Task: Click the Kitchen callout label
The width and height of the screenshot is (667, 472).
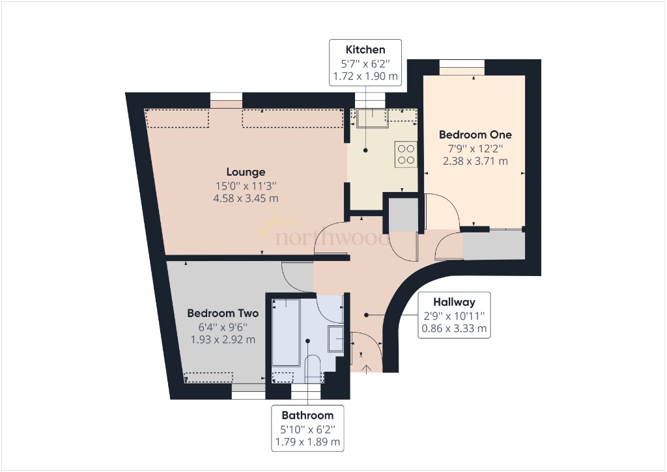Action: pos(365,49)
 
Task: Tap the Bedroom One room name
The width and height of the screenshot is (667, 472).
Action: pos(475,135)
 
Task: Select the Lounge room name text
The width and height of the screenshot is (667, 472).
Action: pos(246,172)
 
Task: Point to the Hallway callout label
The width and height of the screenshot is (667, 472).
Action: pos(454,302)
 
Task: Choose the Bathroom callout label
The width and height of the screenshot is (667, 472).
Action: pos(307,415)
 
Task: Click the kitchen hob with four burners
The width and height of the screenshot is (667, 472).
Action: pos(406,154)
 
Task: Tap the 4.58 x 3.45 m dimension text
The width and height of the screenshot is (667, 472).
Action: pos(246,198)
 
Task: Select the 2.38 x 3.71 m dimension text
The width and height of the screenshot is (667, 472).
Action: pos(475,161)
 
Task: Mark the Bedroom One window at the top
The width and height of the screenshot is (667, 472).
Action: pos(462,63)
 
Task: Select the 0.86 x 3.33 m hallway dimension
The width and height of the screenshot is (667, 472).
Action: pos(454,329)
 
